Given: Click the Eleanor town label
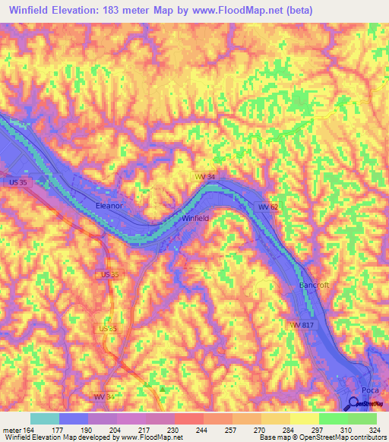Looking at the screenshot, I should (109, 205).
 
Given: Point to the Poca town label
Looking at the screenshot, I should (369, 390).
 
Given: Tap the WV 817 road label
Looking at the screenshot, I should (300, 324).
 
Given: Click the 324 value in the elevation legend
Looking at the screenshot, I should (373, 429).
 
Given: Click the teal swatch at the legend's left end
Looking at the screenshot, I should (44, 418).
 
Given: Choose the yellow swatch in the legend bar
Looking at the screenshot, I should (304, 418).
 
